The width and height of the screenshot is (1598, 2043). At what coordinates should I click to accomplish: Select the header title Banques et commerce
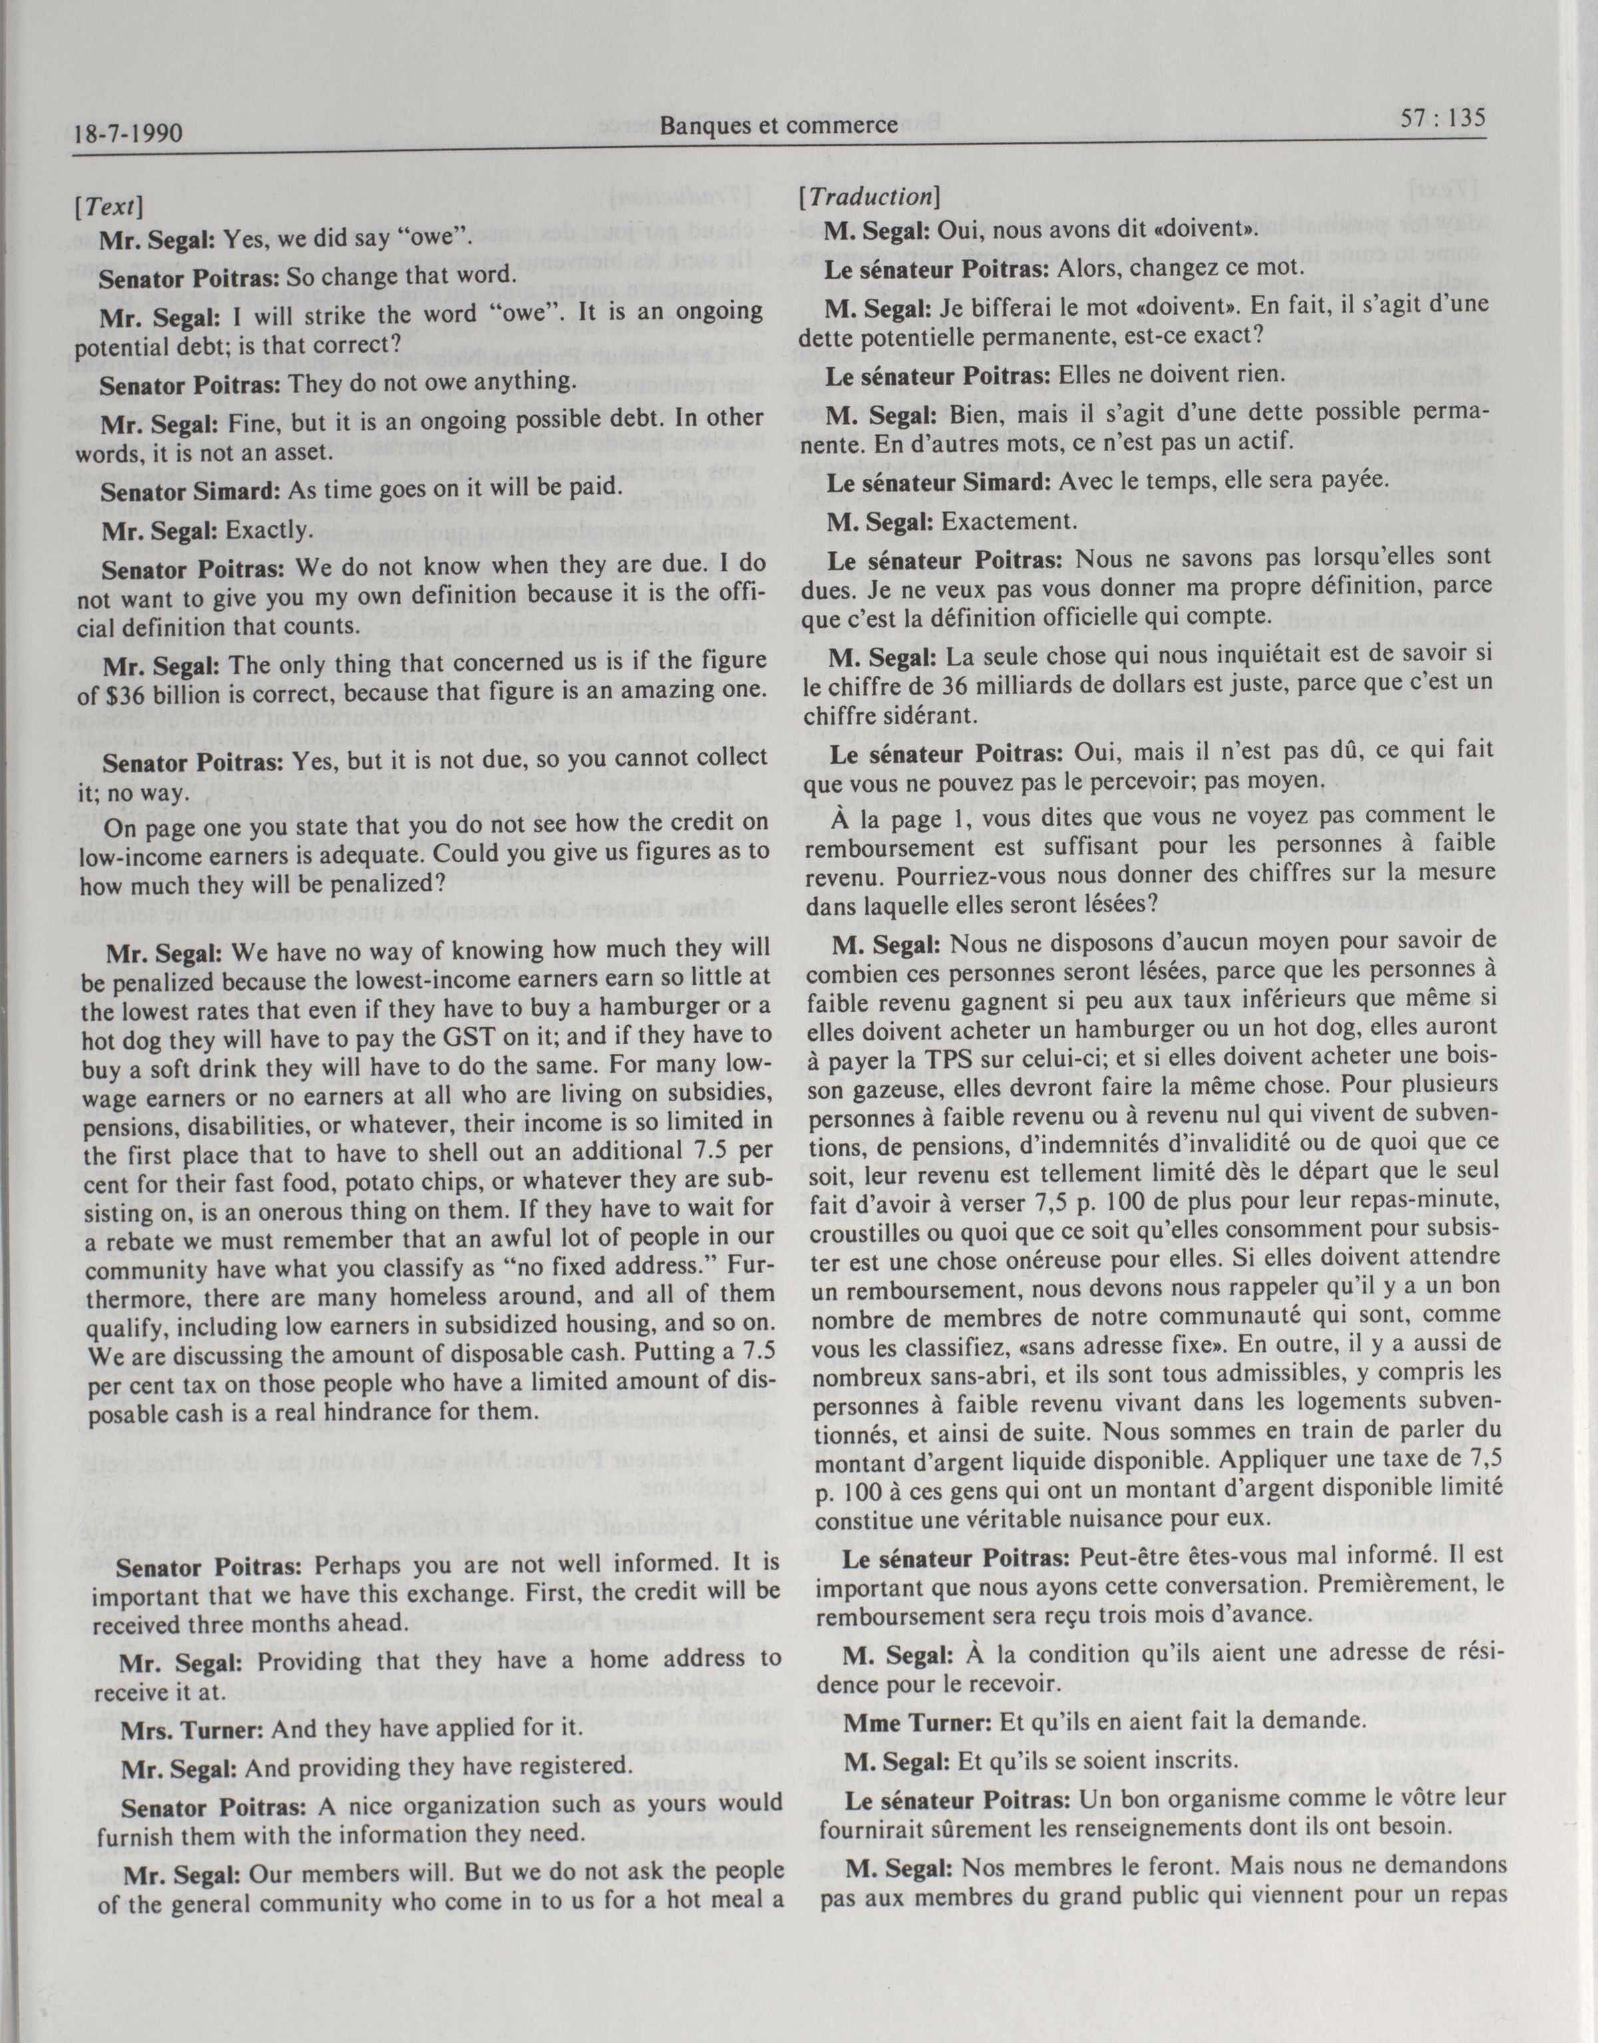778,124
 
